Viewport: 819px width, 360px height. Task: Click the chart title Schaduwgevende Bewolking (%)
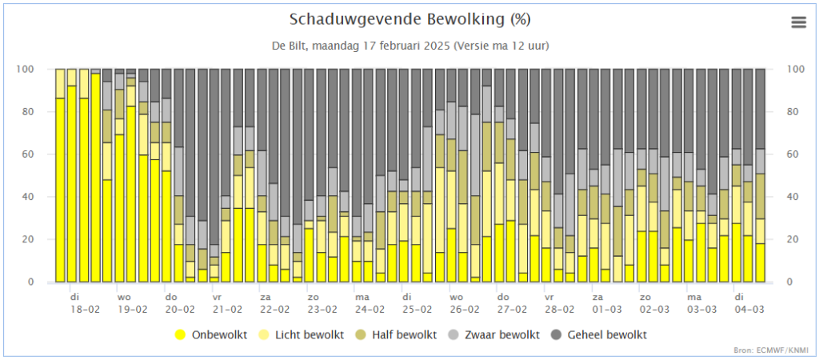point(409,19)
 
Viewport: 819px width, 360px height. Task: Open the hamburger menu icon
point(798,22)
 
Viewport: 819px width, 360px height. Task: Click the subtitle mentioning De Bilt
point(409,46)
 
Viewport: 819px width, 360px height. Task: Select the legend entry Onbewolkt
point(218,334)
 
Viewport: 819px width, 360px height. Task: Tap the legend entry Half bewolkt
point(397,334)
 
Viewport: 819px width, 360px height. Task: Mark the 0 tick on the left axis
point(31,282)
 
